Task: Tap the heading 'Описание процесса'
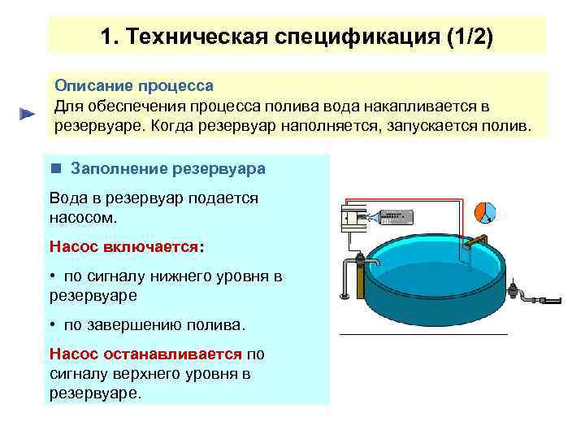click(133, 85)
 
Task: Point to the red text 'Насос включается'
click(123, 246)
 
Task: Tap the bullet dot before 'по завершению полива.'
click(53, 324)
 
